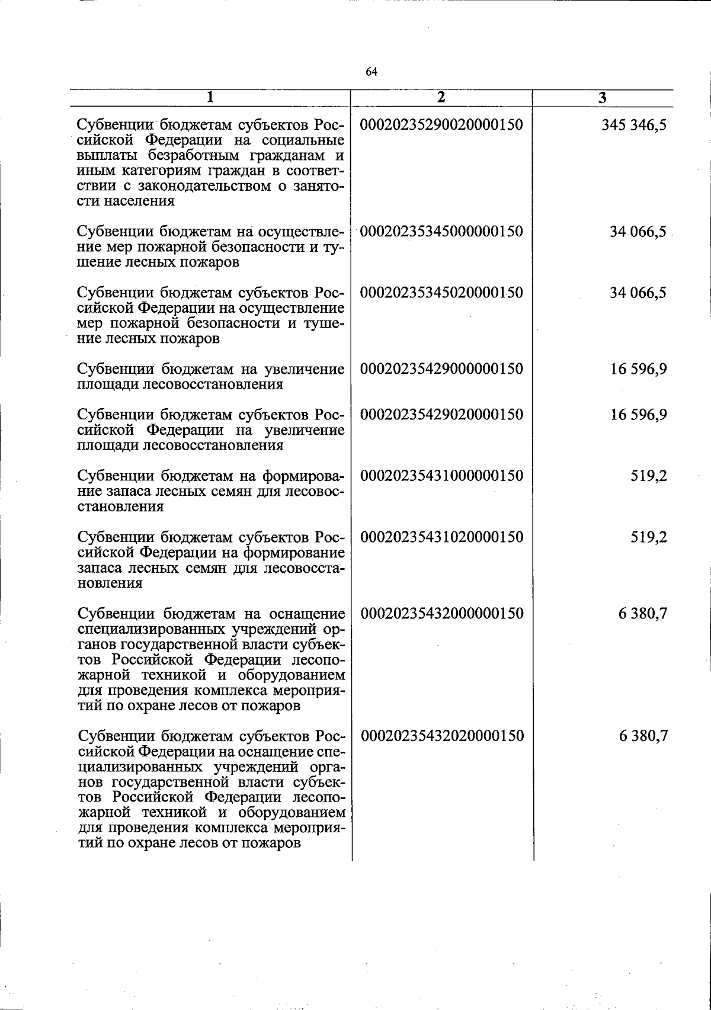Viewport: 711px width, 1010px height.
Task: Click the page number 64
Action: [371, 72]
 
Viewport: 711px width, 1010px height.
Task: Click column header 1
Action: [210, 98]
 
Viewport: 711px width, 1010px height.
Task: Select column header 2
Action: [441, 98]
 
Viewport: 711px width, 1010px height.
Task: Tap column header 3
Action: [602, 98]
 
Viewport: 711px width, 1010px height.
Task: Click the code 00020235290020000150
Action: [441, 126]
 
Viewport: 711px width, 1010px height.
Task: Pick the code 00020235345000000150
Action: [441, 232]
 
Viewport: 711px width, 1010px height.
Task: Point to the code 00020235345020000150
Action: [441, 293]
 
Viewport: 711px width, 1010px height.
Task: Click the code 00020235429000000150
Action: [441, 369]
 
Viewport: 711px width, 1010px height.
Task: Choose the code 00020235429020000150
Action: [441, 415]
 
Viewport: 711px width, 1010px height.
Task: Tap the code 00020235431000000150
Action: [441, 476]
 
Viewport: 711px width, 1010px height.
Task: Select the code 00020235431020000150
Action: [441, 537]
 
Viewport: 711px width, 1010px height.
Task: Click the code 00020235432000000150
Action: [442, 614]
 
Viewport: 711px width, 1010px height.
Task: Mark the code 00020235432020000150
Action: [442, 736]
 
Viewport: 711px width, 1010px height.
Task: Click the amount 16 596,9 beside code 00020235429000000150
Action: [639, 369]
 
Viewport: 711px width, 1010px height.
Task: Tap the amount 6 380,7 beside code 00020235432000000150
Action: [643, 614]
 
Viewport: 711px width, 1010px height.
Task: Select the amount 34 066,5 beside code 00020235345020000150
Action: [639, 293]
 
